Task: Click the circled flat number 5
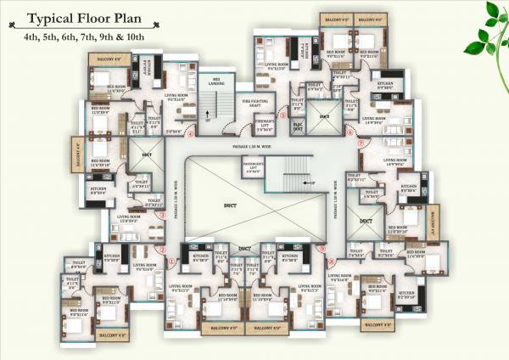click(x=282, y=113)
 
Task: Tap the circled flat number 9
click(x=322, y=248)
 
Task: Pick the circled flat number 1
click(x=172, y=262)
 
